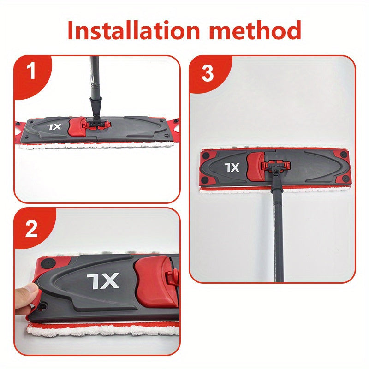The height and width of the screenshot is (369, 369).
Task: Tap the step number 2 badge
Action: click(x=31, y=229)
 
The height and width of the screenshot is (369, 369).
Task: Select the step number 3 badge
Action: click(x=208, y=74)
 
